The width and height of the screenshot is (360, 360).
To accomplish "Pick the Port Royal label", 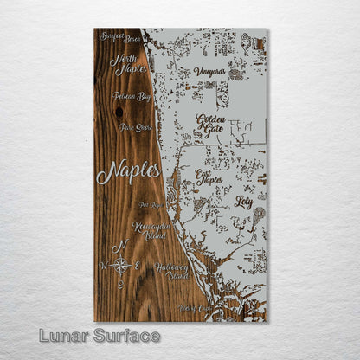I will coord(149,206).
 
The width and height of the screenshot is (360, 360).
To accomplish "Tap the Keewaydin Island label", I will coord(148,228).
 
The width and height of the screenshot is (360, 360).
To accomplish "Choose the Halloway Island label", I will coord(171,272).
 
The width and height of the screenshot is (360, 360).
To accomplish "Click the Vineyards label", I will coord(209,71).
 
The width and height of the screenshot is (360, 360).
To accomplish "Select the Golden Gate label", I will coord(212,125).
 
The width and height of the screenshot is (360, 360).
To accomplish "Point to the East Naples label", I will coord(209,177).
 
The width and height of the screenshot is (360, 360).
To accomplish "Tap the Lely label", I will coord(244,201).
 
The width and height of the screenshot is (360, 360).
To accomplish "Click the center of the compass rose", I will coord(122,265).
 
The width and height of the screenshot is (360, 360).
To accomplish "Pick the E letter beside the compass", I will coord(138,265).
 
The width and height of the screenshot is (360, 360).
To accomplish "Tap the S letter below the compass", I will coord(121,284).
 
